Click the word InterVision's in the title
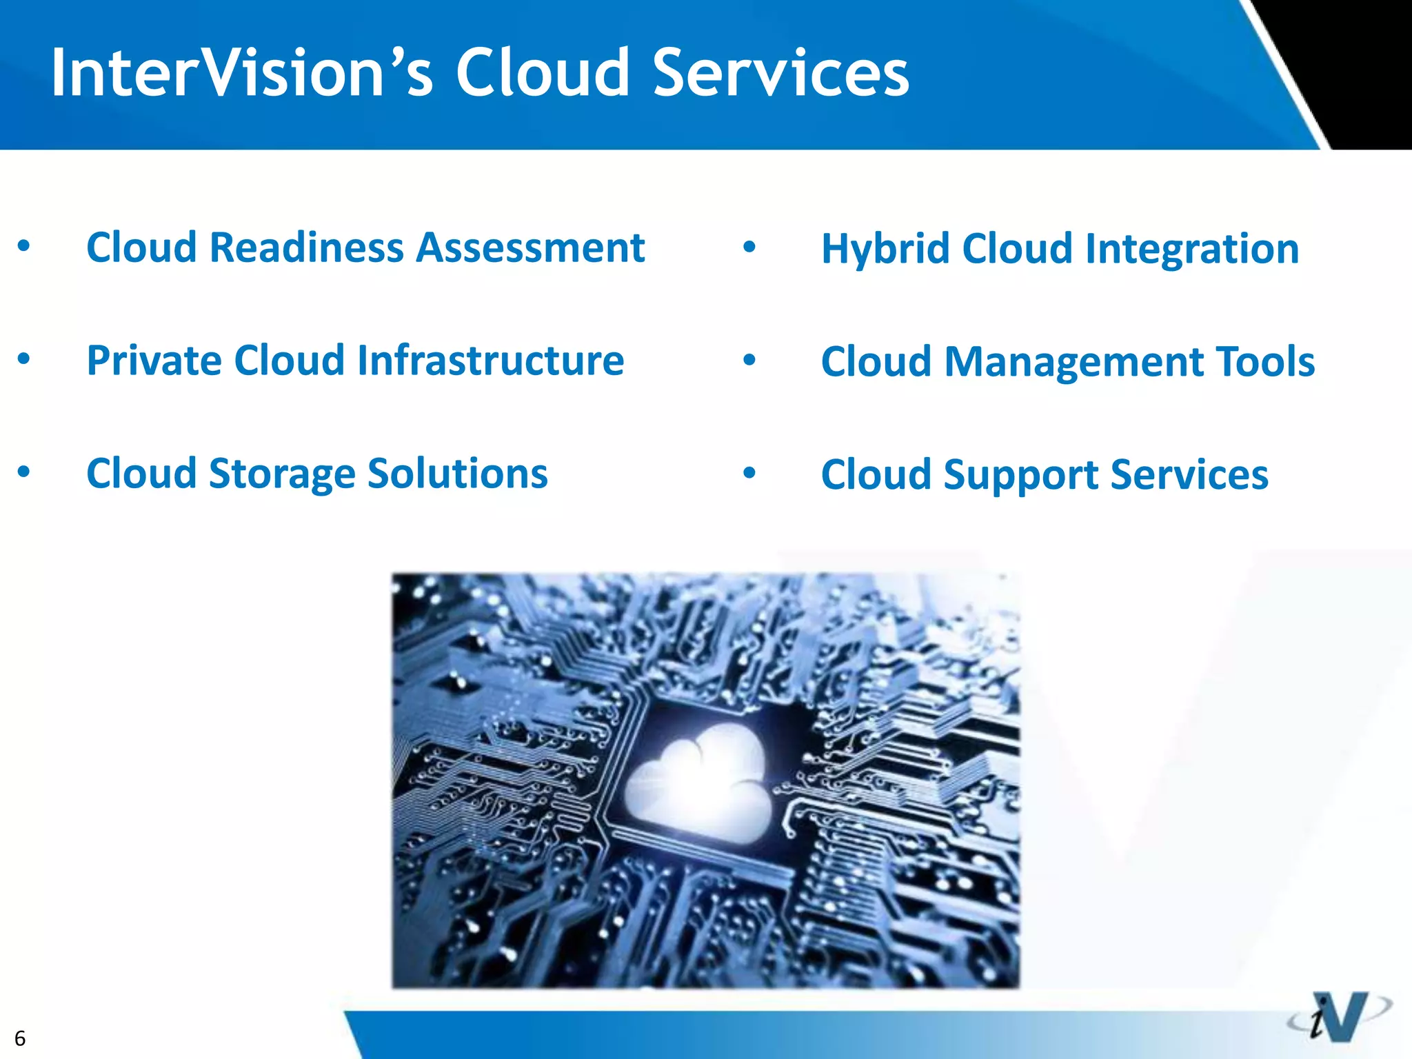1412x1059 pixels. tap(241, 73)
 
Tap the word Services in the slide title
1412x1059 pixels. tap(780, 73)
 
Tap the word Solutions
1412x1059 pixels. tap(458, 474)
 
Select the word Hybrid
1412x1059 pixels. tap(885, 250)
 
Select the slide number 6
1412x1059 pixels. tap(20, 1038)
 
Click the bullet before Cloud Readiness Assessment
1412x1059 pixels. tap(24, 246)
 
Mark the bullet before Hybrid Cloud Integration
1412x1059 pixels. tap(749, 247)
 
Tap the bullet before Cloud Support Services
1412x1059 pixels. tap(749, 474)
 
